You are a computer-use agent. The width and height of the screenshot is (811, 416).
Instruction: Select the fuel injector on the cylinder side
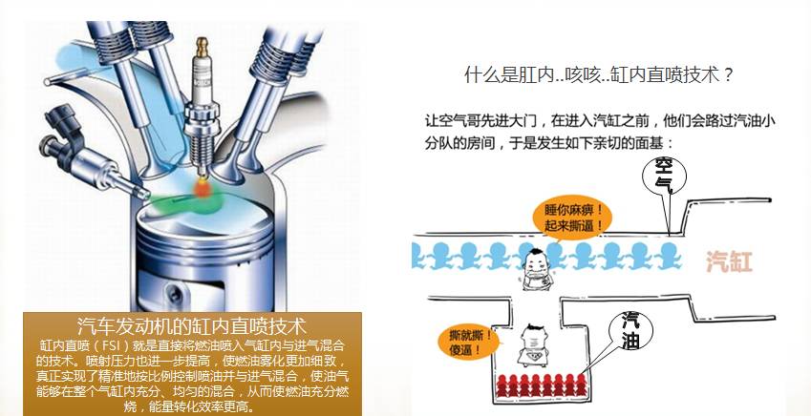click(93, 155)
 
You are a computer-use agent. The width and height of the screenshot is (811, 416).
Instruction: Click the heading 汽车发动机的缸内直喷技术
click(192, 326)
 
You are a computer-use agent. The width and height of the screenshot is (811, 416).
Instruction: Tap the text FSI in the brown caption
click(110, 345)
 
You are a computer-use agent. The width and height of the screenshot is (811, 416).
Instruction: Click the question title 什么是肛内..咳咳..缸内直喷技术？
click(599, 75)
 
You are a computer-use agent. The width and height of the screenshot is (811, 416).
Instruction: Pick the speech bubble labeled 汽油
click(630, 331)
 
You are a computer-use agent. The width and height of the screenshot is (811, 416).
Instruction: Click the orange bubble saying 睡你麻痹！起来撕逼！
click(573, 218)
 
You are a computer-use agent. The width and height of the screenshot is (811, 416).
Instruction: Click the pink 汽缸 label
click(729, 262)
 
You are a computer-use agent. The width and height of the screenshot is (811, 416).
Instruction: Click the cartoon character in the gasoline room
click(533, 344)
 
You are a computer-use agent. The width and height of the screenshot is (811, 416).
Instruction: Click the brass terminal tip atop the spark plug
click(202, 46)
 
